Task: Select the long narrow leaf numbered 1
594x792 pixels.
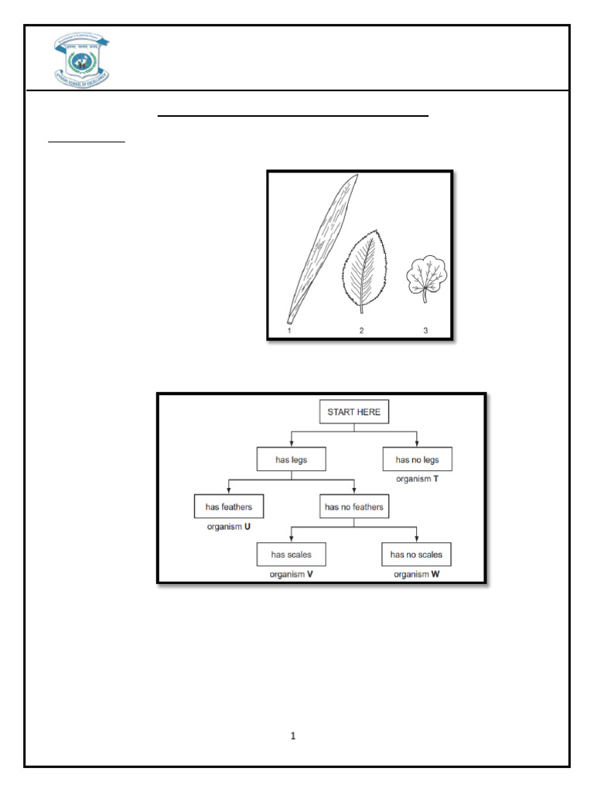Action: [x=320, y=247]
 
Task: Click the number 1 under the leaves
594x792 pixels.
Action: [x=288, y=330]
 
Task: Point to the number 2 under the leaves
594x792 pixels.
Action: [x=361, y=330]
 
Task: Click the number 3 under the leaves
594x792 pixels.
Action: [x=425, y=330]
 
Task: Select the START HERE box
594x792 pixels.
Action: [x=354, y=412]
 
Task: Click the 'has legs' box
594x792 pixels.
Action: [x=291, y=459]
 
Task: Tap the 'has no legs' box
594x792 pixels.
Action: [x=417, y=459]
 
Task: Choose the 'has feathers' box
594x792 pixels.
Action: [x=228, y=507]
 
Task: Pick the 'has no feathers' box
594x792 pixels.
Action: [x=353, y=507]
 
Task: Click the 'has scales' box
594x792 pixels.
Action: [x=291, y=555]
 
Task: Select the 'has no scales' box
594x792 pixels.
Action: [x=417, y=555]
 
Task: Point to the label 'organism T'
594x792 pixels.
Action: [x=417, y=480]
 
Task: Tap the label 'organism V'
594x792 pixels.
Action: [x=291, y=575]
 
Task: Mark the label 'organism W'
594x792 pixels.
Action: [x=417, y=575]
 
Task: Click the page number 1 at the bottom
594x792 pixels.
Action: [x=293, y=736]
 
